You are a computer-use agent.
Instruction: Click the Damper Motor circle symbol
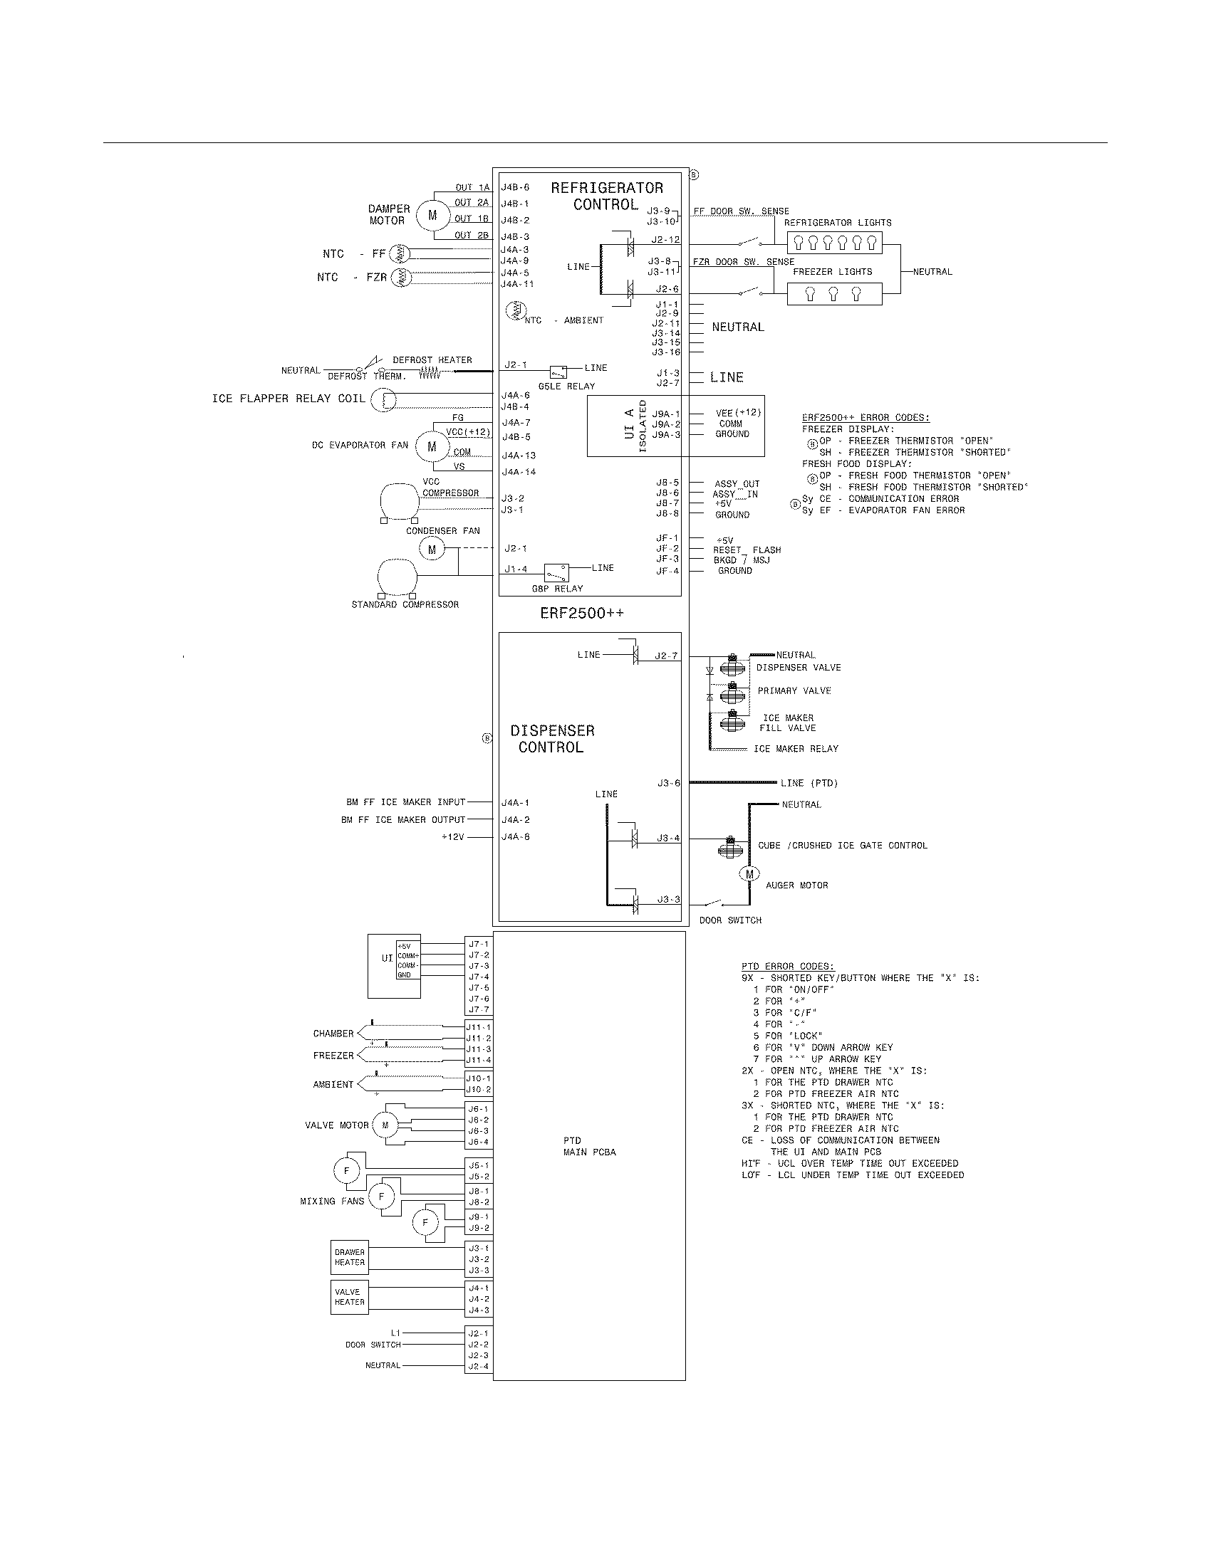click(432, 214)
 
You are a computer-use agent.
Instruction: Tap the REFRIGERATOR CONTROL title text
click(606, 196)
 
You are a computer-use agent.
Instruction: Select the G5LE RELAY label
click(566, 386)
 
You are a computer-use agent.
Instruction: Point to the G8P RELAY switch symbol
click(556, 572)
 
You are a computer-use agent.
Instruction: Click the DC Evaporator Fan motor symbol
click(432, 446)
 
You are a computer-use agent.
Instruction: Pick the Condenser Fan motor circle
click(432, 550)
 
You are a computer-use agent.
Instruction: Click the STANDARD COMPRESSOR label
click(405, 604)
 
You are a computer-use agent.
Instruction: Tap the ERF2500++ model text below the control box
click(582, 614)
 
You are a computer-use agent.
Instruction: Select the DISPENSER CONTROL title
click(551, 739)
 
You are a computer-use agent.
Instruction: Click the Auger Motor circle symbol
click(749, 874)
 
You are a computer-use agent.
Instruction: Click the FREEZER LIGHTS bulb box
click(833, 294)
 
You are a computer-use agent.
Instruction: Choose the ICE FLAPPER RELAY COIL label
click(289, 399)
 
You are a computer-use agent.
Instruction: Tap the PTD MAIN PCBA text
click(589, 1146)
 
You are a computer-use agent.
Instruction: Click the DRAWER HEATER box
click(349, 1257)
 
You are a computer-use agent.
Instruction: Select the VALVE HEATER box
click(349, 1297)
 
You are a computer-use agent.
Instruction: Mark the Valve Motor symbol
click(385, 1125)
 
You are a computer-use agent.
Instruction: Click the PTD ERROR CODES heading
click(788, 966)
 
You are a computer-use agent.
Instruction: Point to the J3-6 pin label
click(668, 783)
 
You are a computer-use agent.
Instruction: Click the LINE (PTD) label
click(809, 783)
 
